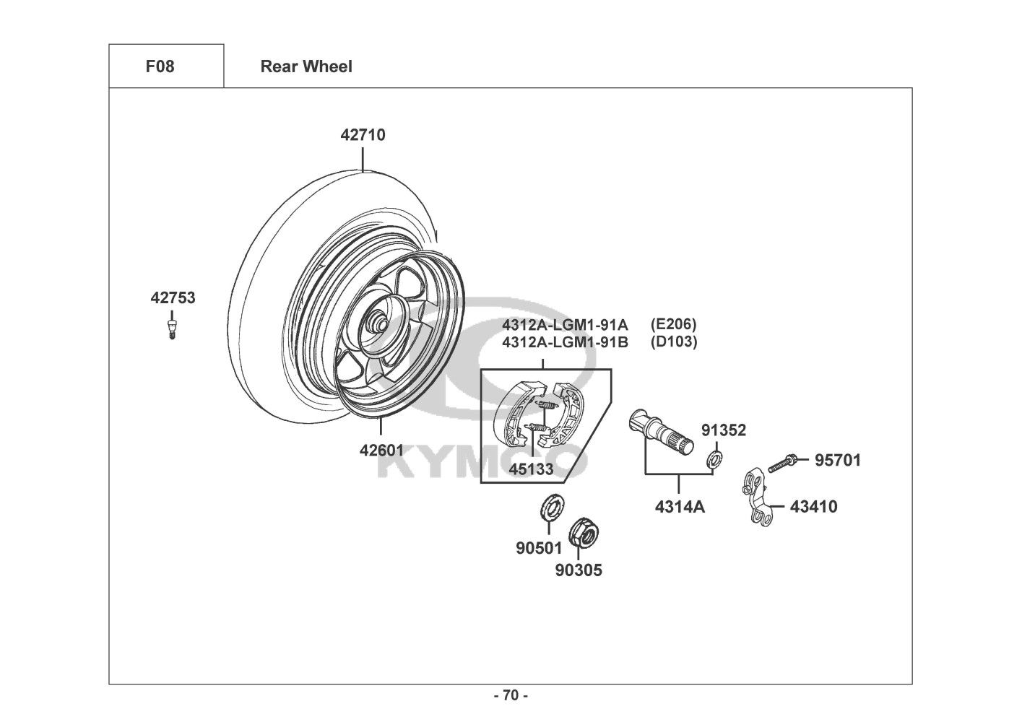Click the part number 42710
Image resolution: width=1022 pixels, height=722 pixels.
click(363, 135)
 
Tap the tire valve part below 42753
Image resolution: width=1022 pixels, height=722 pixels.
click(172, 329)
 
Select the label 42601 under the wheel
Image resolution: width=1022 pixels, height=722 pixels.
click(381, 451)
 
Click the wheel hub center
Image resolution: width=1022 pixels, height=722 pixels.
click(378, 323)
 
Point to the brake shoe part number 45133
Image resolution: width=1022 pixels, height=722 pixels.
click(531, 469)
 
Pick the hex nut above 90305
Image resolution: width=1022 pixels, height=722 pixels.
click(582, 535)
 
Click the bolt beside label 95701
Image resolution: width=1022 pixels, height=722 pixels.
click(782, 462)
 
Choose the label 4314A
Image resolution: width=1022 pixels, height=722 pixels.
click(680, 507)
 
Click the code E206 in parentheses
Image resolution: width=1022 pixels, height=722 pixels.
click(673, 324)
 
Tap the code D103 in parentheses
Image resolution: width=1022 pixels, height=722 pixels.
click(674, 342)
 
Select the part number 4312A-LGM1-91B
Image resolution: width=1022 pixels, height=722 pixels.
click(565, 342)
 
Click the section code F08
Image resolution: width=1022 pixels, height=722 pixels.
click(160, 67)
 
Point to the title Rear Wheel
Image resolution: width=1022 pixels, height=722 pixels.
click(306, 67)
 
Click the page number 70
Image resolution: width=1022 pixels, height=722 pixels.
click(511, 695)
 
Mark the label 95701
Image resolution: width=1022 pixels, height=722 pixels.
click(838, 461)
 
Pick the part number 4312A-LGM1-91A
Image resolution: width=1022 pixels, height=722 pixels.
click(565, 325)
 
